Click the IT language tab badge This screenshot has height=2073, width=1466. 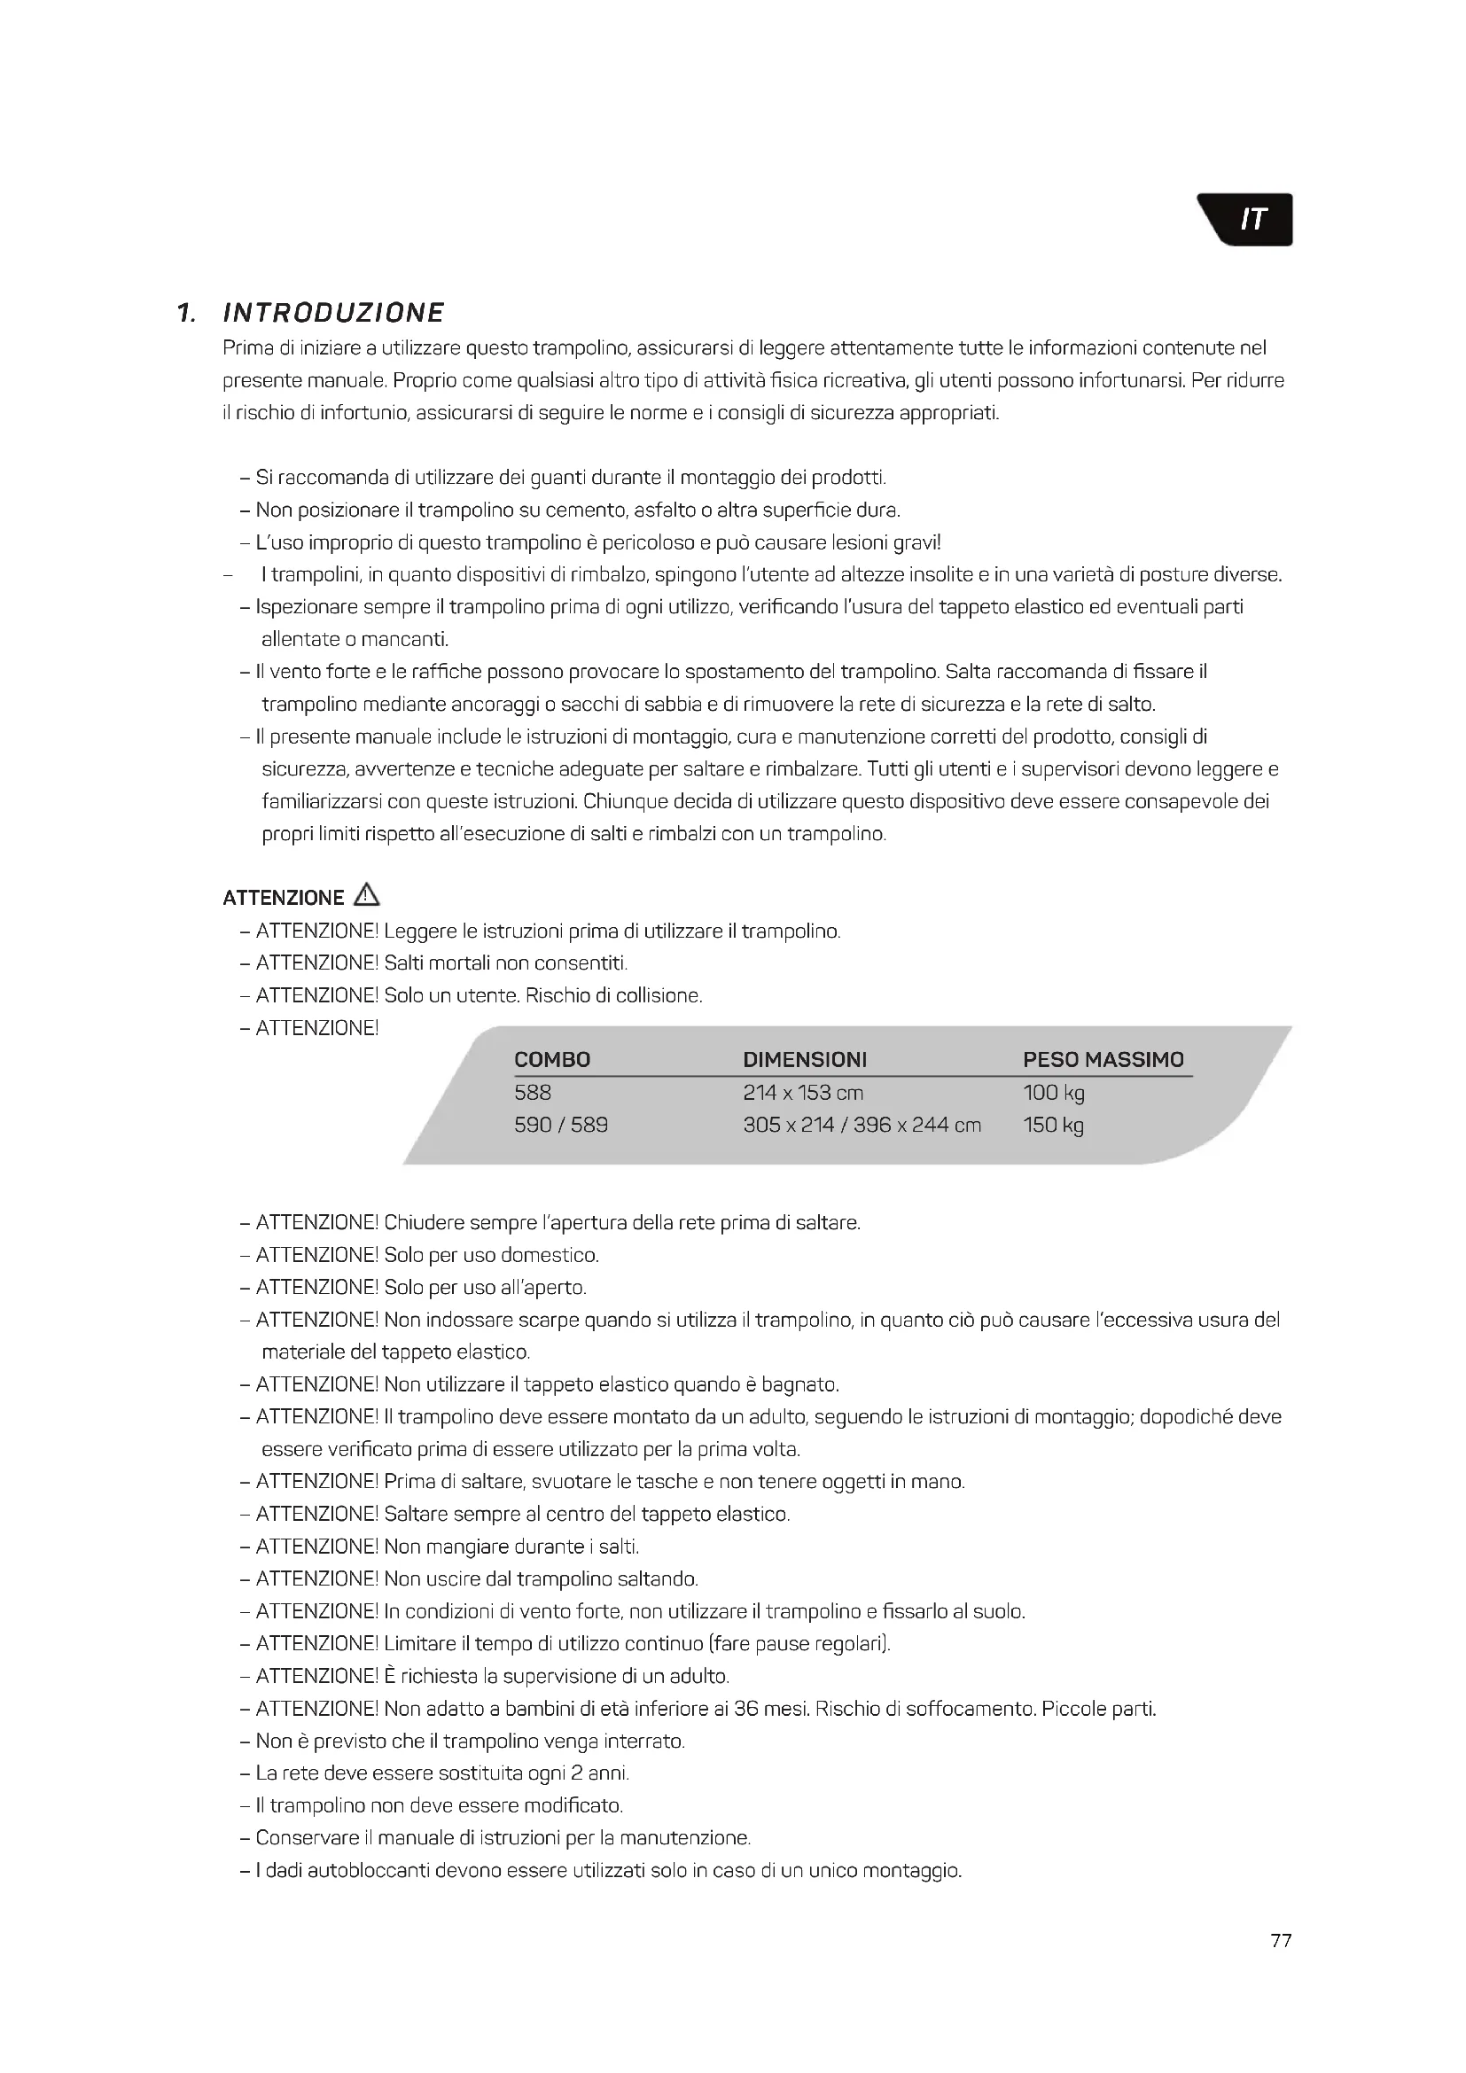(1251, 220)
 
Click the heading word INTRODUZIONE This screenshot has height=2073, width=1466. (333, 313)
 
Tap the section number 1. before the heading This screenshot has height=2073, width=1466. (187, 313)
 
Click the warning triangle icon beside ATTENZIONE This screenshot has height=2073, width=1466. (368, 895)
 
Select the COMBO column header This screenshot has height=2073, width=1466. (551, 1059)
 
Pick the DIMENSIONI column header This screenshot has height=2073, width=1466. (804, 1059)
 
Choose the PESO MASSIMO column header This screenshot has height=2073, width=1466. (1103, 1059)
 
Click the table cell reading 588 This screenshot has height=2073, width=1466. (533, 1093)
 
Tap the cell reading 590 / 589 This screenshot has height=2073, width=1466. (560, 1125)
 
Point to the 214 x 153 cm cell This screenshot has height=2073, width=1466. (802, 1093)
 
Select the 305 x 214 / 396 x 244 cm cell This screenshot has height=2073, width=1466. (862, 1125)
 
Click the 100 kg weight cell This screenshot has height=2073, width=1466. (1054, 1093)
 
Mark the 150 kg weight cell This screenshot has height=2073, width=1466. (1054, 1125)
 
